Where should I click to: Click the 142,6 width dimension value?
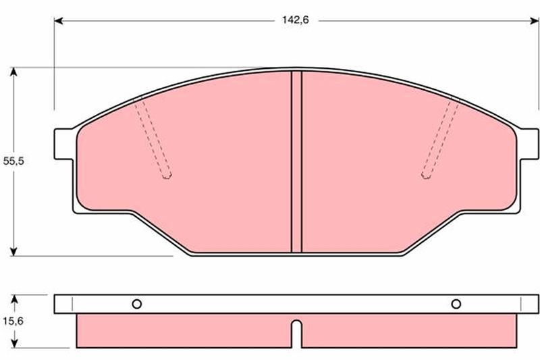[x=296, y=20]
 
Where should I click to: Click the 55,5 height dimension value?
[x=13, y=161]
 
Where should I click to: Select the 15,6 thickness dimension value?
[x=13, y=321]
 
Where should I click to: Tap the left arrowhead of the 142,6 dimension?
[x=59, y=21]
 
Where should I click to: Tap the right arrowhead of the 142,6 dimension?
[x=534, y=21]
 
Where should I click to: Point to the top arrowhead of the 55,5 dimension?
[x=13, y=72]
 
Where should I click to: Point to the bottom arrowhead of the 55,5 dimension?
[x=13, y=251]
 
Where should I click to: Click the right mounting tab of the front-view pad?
[x=529, y=144]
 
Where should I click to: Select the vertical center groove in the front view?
[x=296, y=162]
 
